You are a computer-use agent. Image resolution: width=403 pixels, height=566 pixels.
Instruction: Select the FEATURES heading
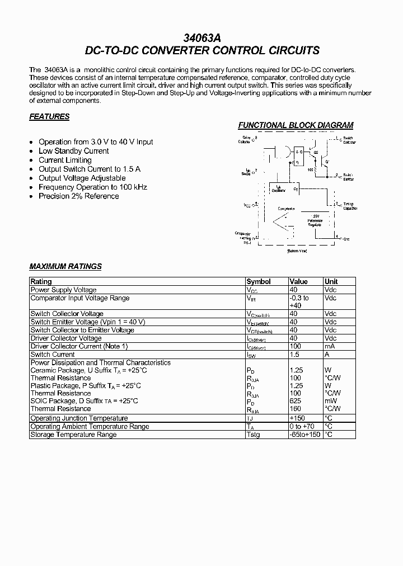click(49, 117)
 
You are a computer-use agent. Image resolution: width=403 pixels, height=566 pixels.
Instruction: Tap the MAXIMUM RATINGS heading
click(65, 266)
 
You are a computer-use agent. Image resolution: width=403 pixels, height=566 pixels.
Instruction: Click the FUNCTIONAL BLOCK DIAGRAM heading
click(296, 125)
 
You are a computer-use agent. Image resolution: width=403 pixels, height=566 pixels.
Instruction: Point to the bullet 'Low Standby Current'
click(74, 151)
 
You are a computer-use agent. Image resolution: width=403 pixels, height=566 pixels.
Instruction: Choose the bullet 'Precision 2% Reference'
click(79, 196)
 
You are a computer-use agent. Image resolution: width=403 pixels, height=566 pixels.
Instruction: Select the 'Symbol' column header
click(259, 281)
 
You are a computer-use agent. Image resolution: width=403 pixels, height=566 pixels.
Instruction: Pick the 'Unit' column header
click(331, 281)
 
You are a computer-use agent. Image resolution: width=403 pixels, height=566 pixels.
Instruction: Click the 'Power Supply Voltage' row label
click(63, 290)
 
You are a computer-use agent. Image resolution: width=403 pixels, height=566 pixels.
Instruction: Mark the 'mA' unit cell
click(329, 347)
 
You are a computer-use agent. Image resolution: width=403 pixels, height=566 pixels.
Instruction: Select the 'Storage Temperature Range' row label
click(73, 435)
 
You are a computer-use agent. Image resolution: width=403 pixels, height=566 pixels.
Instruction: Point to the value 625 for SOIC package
click(296, 401)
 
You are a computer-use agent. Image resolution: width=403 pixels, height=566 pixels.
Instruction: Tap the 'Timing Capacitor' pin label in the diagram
click(349, 206)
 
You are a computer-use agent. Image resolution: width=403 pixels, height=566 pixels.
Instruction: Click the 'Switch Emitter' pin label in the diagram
click(348, 177)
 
